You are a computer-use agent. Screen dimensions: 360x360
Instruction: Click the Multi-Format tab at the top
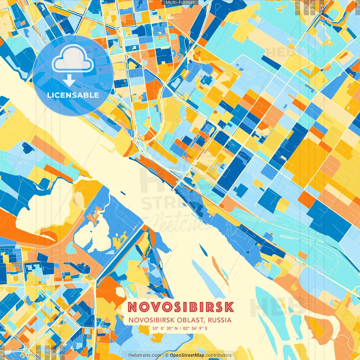[x=180, y=3]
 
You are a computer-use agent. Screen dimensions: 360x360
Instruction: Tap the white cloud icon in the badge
[x=73, y=59]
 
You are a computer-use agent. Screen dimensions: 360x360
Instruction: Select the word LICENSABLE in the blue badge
[x=73, y=95]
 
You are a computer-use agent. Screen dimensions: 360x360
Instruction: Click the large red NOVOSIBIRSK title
[x=181, y=307]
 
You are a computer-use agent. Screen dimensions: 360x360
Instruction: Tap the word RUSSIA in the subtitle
[x=220, y=320]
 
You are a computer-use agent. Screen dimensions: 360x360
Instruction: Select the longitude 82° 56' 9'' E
[x=195, y=328]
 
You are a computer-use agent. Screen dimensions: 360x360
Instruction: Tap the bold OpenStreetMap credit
[x=187, y=355]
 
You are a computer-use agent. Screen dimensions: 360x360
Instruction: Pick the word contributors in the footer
[x=219, y=355]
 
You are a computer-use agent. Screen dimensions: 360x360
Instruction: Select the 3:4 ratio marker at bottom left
[x=47, y=352]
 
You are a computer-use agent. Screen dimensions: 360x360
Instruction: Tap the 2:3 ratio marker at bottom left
[x=62, y=352]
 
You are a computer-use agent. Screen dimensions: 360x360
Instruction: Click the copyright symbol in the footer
[x=166, y=355]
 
